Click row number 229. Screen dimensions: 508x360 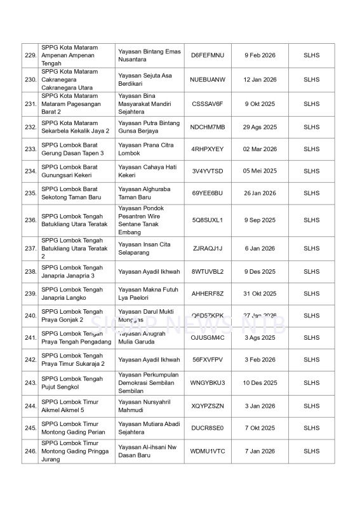tap(30, 55)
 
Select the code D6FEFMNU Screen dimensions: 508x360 tap(208, 55)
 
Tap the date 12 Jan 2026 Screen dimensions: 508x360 tap(260, 79)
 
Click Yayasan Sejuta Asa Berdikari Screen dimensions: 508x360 tap(145, 79)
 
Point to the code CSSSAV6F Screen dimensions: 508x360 tap(208, 104)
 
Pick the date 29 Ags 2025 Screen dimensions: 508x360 tap(260, 127)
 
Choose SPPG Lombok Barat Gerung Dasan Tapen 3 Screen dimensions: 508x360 tap(72, 149)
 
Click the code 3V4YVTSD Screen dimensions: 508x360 tap(208, 171)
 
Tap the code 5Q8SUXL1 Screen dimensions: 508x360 tap(208, 220)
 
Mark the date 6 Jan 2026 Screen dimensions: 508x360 tap(260, 248)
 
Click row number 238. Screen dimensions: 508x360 tap(30, 272)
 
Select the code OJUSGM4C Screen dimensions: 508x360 tap(208, 338)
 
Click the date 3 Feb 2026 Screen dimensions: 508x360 tap(260, 359)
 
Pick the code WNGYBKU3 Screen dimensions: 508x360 tap(208, 383)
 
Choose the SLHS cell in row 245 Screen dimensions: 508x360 tap(311, 428)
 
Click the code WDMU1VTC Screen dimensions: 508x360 tap(208, 451)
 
